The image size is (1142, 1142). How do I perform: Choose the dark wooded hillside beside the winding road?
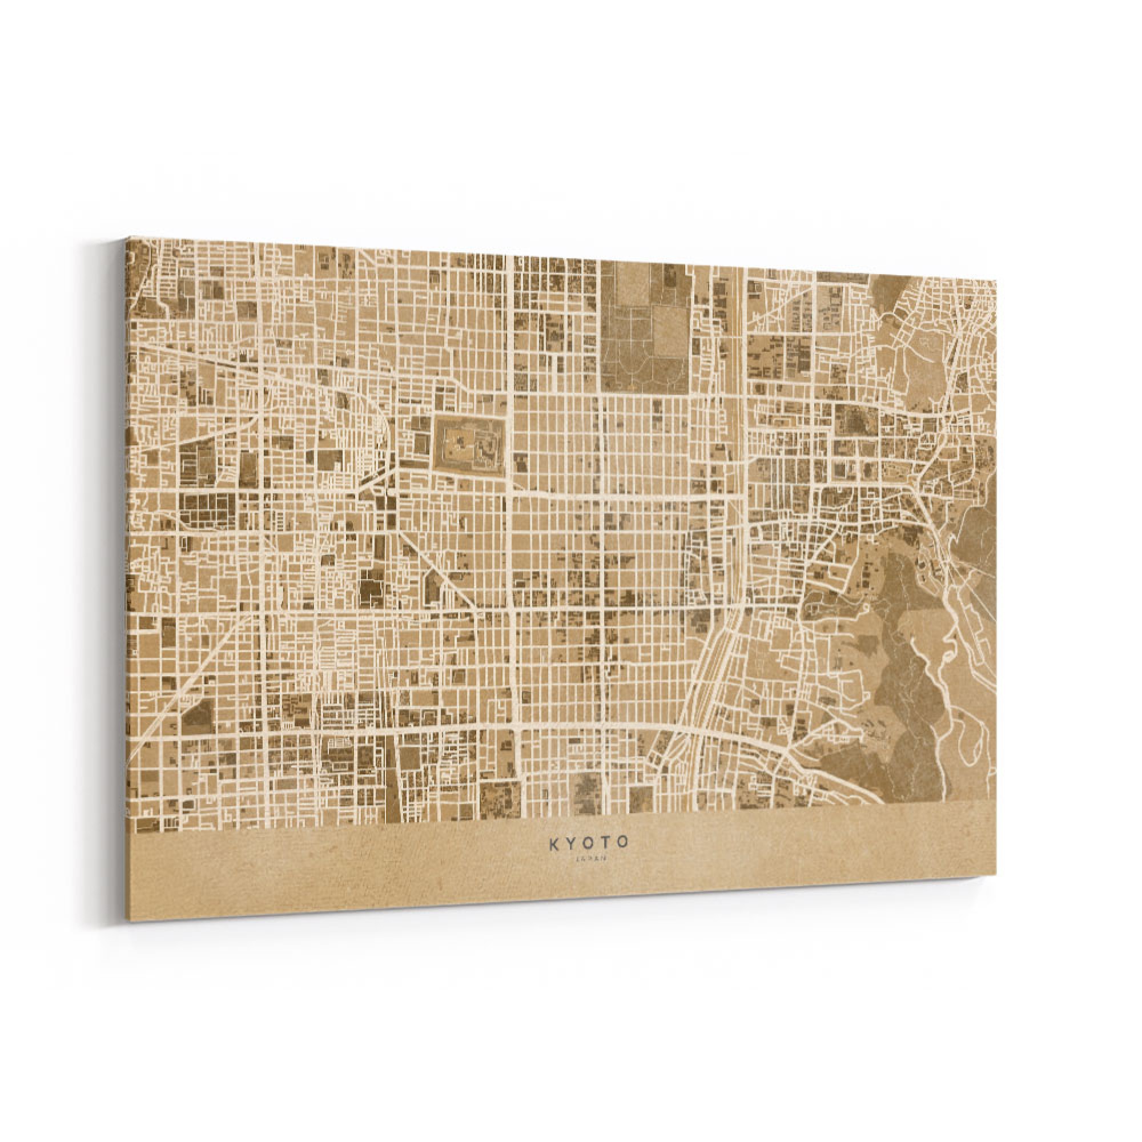[x=904, y=679]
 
